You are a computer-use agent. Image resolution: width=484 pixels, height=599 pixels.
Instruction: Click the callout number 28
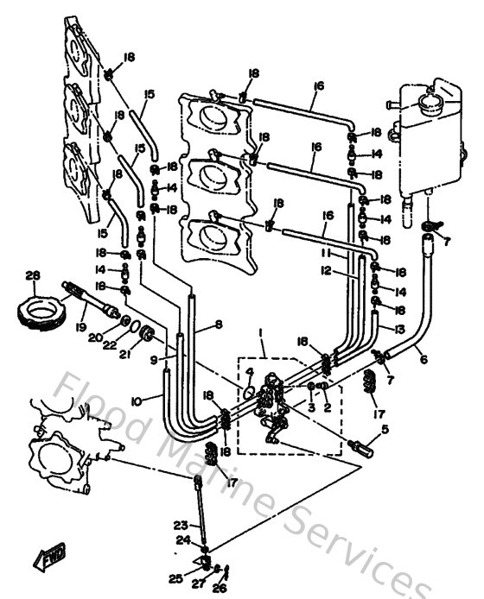(33, 275)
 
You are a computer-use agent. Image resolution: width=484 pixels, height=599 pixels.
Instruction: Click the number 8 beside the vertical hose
(218, 325)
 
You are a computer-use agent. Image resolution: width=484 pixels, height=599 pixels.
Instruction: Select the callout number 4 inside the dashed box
(250, 373)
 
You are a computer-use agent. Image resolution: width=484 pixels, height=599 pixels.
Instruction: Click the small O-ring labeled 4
(248, 393)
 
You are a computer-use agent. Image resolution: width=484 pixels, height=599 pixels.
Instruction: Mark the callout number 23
(179, 524)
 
